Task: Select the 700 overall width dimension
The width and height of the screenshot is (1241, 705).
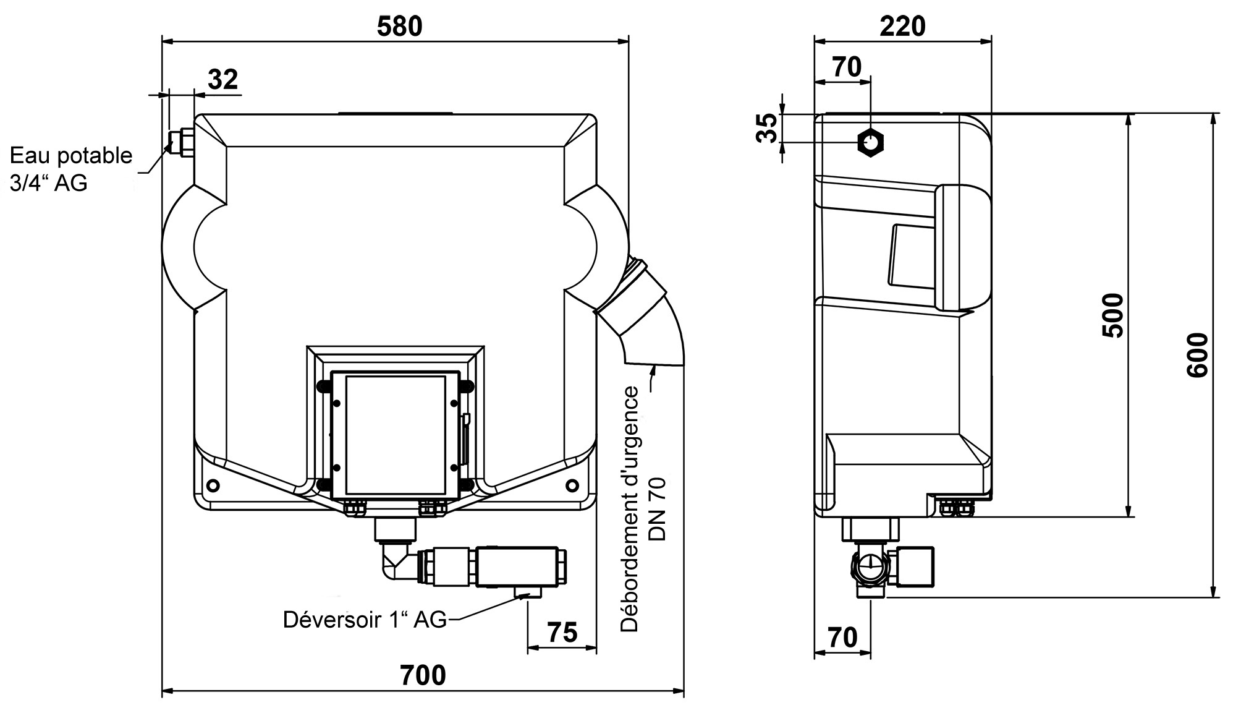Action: (x=423, y=675)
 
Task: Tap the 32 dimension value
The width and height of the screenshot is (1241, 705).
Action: (x=222, y=79)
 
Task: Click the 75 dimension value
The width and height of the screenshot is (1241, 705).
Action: (x=562, y=632)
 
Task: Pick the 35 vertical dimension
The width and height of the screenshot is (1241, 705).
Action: (x=768, y=128)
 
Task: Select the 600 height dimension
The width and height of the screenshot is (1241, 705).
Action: (x=1198, y=355)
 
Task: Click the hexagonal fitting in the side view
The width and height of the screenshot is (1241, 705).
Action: (x=870, y=143)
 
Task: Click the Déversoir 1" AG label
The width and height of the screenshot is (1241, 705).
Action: (x=365, y=619)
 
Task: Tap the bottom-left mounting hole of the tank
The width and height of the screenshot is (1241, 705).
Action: (x=214, y=484)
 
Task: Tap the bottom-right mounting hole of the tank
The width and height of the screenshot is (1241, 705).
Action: (x=572, y=484)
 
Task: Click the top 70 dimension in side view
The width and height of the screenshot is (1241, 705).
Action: (x=847, y=67)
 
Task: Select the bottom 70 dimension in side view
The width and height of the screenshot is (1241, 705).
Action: (x=842, y=637)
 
